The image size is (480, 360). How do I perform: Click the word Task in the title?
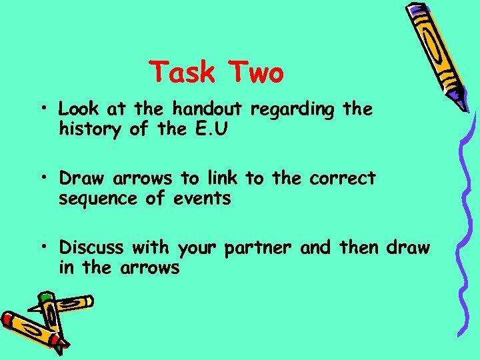coord(183,72)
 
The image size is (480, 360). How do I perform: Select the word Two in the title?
coord(256,72)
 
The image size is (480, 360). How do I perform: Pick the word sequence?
coord(92,199)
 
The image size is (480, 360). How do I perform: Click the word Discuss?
coord(91,248)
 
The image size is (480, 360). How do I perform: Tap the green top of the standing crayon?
coord(45,295)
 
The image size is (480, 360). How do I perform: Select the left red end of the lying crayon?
coord(8,319)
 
